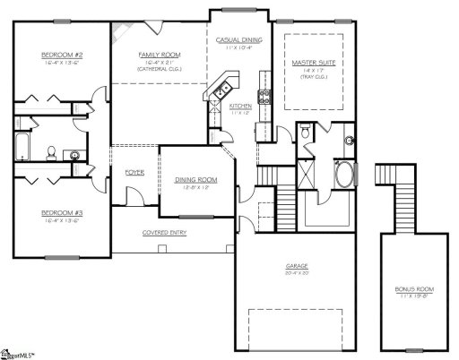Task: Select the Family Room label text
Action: pyautogui.click(x=154, y=55)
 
